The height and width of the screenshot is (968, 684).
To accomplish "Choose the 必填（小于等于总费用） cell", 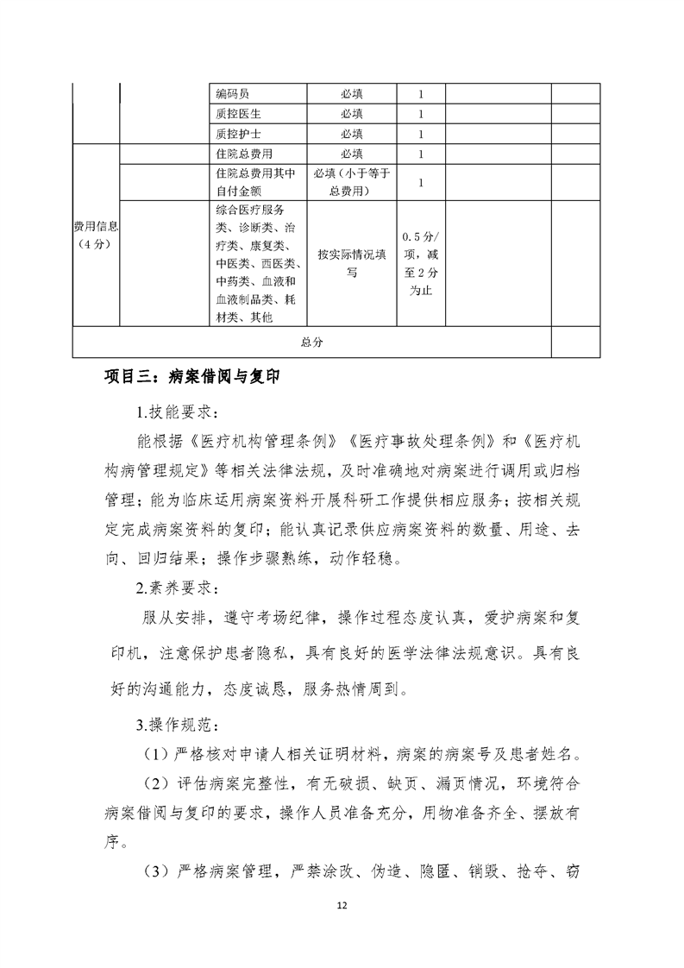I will pyautogui.click(x=351, y=181).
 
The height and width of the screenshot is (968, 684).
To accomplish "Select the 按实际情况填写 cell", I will pyautogui.click(x=351, y=263).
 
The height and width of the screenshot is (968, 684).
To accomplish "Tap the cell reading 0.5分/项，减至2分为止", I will pyautogui.click(x=420, y=263).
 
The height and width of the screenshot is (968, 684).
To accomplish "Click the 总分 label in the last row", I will pyautogui.click(x=311, y=342).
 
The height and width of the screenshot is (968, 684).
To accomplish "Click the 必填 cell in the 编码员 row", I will pyautogui.click(x=351, y=93).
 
